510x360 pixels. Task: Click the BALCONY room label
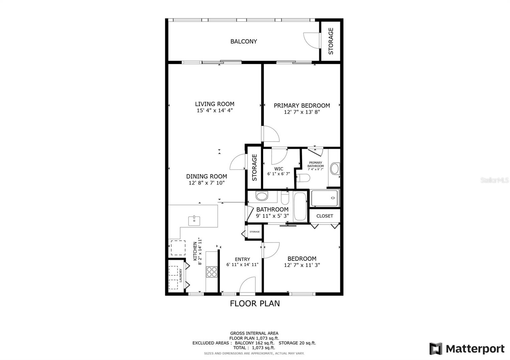pyautogui.click(x=244, y=41)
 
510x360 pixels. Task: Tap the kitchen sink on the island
pyautogui.click(x=194, y=220)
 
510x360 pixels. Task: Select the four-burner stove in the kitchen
pyautogui.click(x=212, y=272)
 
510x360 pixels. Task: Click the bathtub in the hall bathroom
pyautogui.click(x=300, y=207)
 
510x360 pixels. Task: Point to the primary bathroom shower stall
pyautogui.click(x=324, y=198)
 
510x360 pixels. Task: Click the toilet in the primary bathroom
pyautogui.click(x=303, y=178)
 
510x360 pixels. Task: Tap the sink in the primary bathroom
pyautogui.click(x=335, y=169)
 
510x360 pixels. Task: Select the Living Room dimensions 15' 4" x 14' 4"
pyautogui.click(x=215, y=111)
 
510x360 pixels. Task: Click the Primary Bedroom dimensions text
pyautogui.click(x=302, y=112)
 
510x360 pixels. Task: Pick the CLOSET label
pyautogui.click(x=325, y=216)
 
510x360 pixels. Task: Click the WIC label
pyautogui.click(x=279, y=169)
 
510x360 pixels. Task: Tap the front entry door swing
pyautogui.click(x=247, y=285)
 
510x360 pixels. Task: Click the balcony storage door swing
pyautogui.click(x=311, y=40)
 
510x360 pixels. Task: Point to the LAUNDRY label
pyautogui.click(x=181, y=275)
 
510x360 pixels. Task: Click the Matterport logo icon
pyautogui.click(x=436, y=349)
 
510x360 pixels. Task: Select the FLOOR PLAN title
pyautogui.click(x=255, y=304)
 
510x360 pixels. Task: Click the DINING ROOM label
pyautogui.click(x=207, y=176)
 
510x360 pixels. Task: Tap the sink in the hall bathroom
pyautogui.click(x=262, y=196)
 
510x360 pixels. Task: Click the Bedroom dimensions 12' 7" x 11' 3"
pyautogui.click(x=302, y=265)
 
